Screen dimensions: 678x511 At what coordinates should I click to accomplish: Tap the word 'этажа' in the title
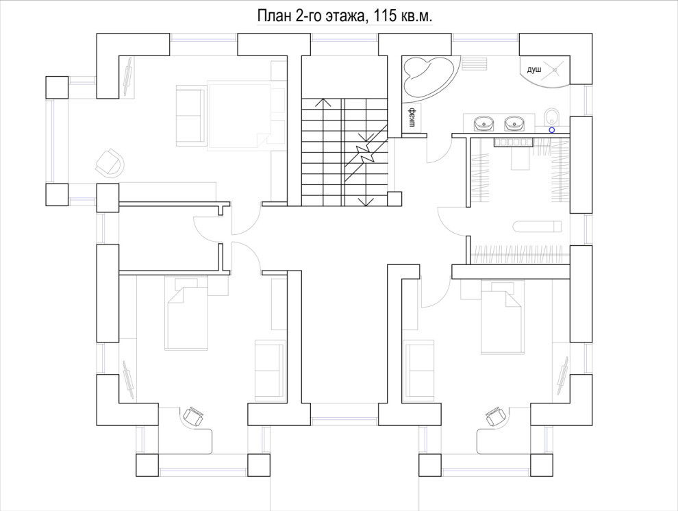pos(344,16)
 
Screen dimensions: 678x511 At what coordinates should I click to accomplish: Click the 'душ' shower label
pos(534,69)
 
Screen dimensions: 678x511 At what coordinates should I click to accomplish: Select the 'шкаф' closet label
pos(412,117)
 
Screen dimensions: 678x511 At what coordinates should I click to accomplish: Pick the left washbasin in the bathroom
pos(484,123)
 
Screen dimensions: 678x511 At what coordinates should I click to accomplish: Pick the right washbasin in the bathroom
pos(514,123)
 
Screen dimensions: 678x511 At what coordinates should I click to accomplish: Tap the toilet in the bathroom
pos(551,116)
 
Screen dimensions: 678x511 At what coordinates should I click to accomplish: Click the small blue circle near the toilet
pos(552,129)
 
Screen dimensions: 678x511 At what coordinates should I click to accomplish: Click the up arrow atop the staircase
pos(323,103)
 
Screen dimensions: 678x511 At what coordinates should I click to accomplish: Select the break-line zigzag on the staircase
pos(366,152)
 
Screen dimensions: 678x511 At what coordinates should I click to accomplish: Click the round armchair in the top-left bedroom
pos(110,162)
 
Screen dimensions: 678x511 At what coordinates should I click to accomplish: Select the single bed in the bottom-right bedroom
pos(503,317)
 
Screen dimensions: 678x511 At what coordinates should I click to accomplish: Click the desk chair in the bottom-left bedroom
pos(193,416)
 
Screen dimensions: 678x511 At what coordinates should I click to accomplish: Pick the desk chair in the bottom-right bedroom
pos(496,416)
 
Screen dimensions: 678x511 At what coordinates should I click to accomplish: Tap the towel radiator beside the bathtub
pos(475,63)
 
